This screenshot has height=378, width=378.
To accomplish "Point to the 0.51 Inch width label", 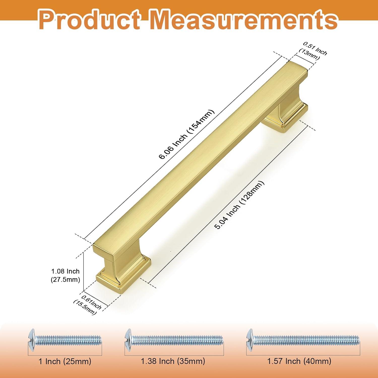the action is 315,48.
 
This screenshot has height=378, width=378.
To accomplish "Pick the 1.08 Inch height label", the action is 65,271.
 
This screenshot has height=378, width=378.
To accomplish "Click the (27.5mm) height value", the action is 65,279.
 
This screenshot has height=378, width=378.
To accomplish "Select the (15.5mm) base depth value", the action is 85,307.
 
